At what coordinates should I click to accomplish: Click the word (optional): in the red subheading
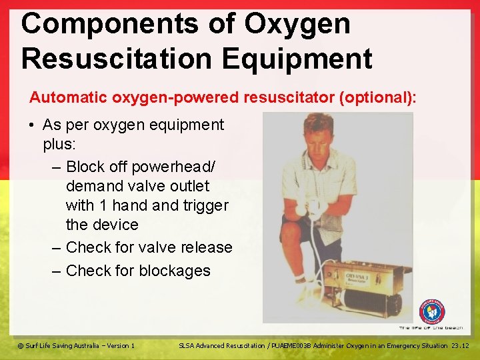click(378, 97)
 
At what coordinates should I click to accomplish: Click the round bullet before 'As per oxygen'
click(33, 125)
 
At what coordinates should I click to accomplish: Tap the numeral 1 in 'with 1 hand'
click(111, 205)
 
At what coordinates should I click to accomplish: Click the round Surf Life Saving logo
click(431, 311)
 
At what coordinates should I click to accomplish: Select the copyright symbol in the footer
click(21, 345)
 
